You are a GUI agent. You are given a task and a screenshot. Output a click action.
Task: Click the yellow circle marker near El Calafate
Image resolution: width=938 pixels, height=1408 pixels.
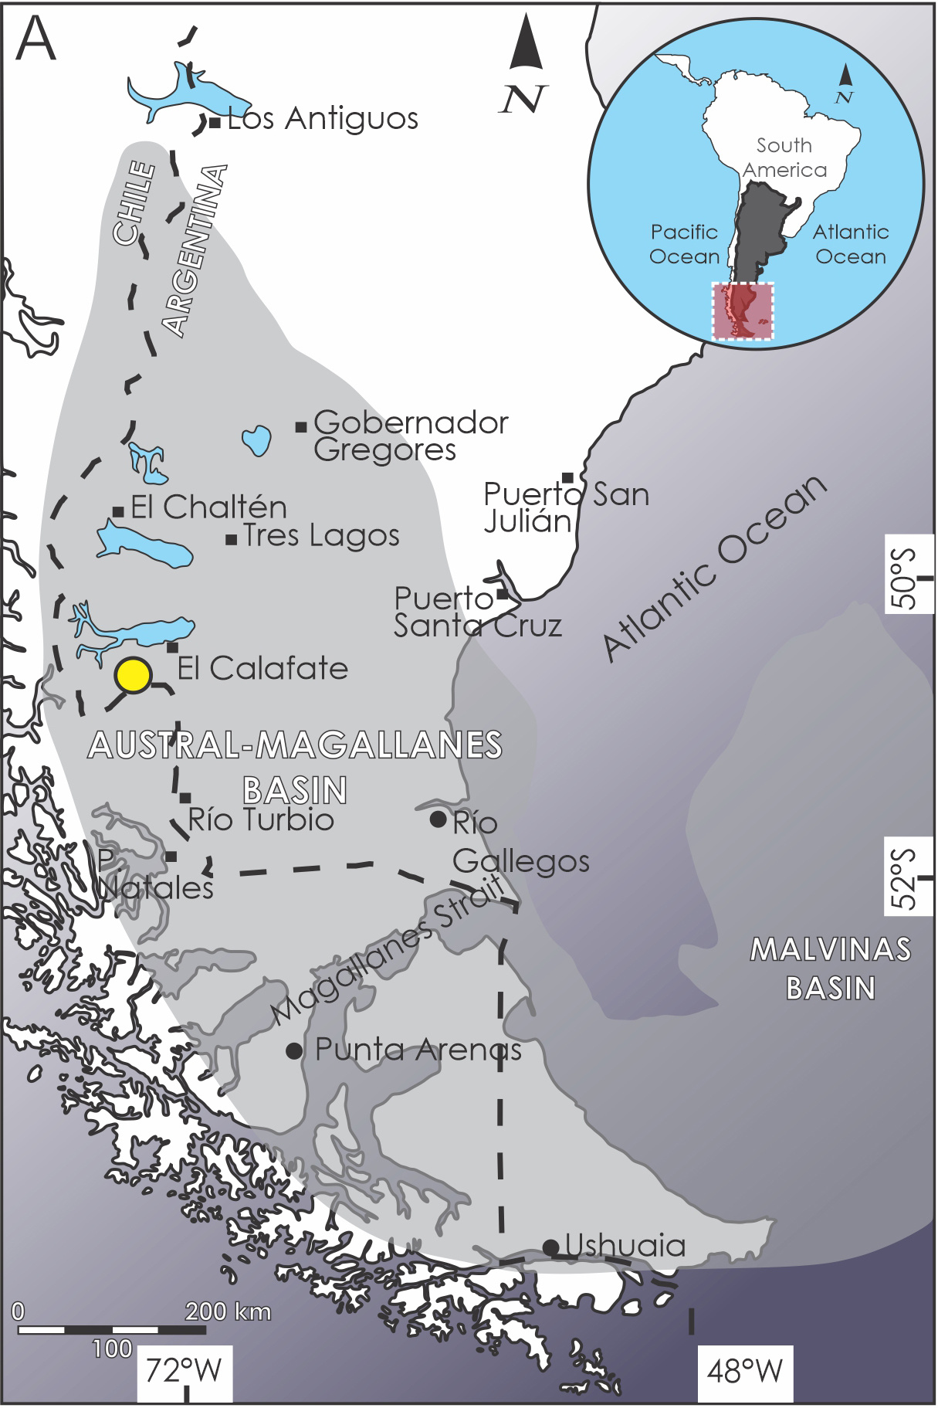(133, 675)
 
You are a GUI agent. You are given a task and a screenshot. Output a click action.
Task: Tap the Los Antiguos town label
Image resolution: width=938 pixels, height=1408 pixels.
(323, 119)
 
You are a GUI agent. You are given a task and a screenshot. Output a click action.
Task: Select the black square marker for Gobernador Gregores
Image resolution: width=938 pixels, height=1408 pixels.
(301, 426)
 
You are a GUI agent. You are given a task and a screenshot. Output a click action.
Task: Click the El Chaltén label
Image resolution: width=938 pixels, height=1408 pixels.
(208, 507)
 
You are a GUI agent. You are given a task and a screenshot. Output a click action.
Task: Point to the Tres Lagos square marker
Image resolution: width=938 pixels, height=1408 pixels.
(231, 539)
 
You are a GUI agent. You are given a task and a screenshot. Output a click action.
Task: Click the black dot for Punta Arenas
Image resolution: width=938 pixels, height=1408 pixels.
(294, 1050)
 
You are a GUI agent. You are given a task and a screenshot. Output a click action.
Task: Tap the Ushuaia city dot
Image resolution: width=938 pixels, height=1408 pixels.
(550, 1247)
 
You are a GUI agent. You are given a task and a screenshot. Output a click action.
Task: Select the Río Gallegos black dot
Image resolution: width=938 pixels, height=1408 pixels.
(438, 819)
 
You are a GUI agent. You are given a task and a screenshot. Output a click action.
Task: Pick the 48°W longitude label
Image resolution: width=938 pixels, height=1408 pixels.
(744, 1371)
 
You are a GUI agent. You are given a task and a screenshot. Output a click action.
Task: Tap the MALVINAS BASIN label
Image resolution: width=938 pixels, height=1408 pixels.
(831, 969)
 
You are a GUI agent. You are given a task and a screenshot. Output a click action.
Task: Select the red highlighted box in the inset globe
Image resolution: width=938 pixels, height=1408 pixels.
(742, 310)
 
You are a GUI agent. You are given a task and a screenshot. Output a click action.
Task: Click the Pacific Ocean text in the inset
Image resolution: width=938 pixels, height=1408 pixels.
(684, 244)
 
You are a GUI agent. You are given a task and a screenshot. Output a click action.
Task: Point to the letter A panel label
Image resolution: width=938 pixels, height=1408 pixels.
(36, 39)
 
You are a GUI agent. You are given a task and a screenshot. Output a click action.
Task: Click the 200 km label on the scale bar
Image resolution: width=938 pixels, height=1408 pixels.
(228, 1311)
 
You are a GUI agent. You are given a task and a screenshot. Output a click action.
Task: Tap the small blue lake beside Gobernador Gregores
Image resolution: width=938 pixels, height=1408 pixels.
(257, 440)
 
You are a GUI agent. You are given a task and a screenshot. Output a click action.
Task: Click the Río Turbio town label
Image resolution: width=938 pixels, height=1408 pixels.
(261, 819)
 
